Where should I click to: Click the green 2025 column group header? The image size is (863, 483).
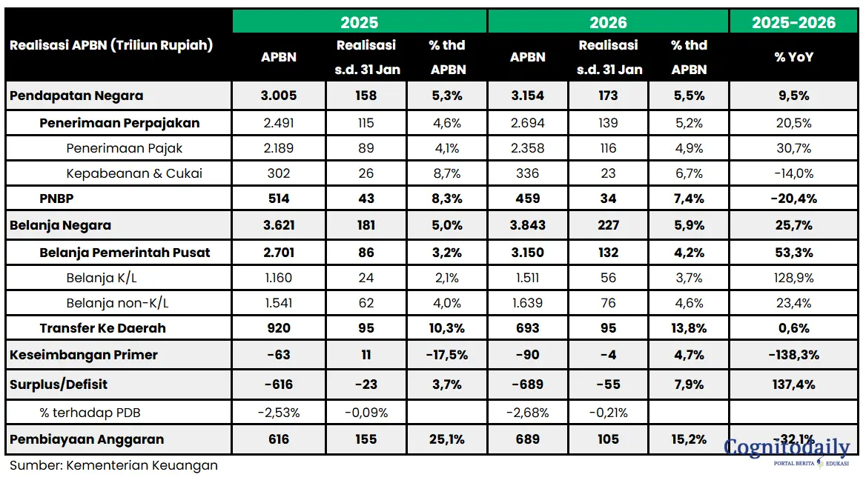point(360,22)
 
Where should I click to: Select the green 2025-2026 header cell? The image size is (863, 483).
point(793,22)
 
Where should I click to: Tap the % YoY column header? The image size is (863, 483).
point(793,57)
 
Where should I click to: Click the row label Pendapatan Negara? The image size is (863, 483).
point(76,96)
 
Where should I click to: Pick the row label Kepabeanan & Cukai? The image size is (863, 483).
point(134,173)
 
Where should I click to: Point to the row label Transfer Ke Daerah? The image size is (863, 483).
point(102,328)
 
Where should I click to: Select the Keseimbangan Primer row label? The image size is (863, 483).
point(84,355)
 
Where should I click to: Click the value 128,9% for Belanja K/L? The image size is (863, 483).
point(793,278)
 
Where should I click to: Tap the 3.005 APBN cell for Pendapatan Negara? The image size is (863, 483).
point(279,96)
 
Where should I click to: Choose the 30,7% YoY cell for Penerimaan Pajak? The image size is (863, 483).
point(793,148)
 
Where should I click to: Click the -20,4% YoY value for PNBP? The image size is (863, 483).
point(793,199)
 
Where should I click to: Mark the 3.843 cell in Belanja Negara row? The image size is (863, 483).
point(528,225)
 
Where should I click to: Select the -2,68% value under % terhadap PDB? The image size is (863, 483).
point(528,413)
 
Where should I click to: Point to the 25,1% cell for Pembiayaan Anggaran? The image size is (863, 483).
point(447,439)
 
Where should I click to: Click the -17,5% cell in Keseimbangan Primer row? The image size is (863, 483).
point(447,355)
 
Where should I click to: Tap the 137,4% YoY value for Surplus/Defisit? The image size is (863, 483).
point(793,384)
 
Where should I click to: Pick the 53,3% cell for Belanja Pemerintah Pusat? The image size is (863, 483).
point(793,253)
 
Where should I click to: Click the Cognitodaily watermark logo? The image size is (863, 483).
point(787,450)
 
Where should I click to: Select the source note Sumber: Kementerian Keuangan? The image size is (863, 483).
point(113,465)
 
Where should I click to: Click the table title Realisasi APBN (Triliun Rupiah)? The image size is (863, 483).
point(111,45)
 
